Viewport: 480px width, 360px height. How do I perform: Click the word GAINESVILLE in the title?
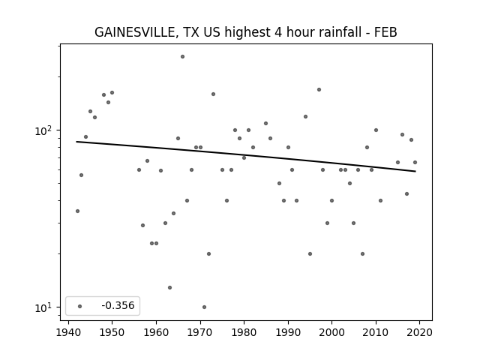tap(135, 32)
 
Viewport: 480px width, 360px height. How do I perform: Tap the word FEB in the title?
tap(385, 32)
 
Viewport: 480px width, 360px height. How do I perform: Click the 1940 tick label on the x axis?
tap(68, 332)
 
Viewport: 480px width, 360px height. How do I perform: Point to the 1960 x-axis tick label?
tap(157, 332)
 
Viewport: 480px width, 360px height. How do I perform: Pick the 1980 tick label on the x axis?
tap(244, 332)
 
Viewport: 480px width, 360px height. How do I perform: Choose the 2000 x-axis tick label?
tap(331, 332)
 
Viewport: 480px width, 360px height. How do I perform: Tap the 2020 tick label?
tap(419, 332)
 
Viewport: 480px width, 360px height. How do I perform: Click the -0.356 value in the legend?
tap(118, 305)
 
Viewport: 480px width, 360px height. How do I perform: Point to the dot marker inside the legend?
tap(80, 306)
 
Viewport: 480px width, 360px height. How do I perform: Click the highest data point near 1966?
tap(182, 57)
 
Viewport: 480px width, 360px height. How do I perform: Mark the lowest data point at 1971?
tap(204, 307)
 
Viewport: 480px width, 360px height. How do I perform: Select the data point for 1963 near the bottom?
tap(169, 287)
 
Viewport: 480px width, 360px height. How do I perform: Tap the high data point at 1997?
tap(319, 90)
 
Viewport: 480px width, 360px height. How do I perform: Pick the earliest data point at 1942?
tap(77, 211)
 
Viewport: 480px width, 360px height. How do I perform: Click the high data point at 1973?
tap(213, 94)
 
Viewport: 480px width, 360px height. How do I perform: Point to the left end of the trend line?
tap(76, 142)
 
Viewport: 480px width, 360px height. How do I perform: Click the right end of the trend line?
tap(415, 171)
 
